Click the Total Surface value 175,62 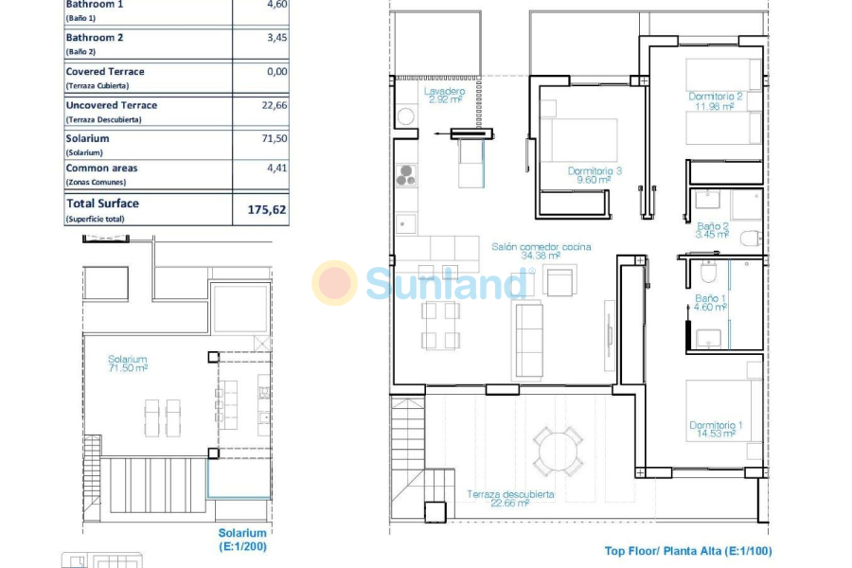pos(266,209)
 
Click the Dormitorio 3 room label pos(595,175)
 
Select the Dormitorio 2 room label pos(715,101)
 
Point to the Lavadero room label pos(444,94)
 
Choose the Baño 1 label pos(710,302)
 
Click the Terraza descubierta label pos(510,499)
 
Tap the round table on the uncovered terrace pos(558,452)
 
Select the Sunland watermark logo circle pos(334,283)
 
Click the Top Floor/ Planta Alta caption pos(688,551)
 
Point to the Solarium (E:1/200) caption pos(241,540)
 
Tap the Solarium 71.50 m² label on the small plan pos(127,364)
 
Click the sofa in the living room pos(528,340)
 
